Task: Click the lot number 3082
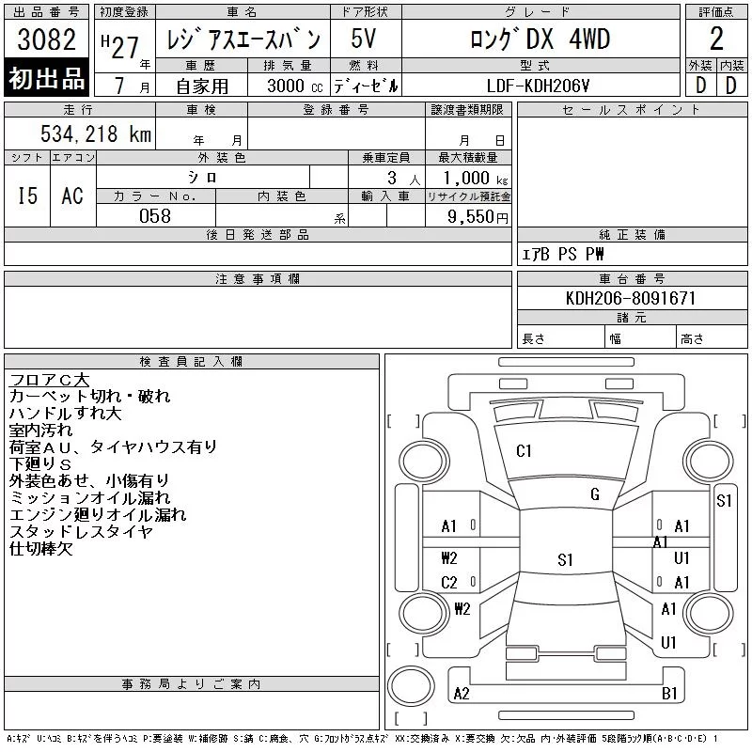click(x=46, y=39)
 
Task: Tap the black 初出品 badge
click(x=46, y=78)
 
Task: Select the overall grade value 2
click(x=716, y=39)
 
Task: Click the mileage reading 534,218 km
click(x=96, y=133)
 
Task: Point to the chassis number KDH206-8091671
click(x=631, y=298)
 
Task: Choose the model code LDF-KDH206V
click(x=538, y=86)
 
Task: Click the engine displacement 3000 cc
click(x=295, y=86)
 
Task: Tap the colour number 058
click(x=155, y=216)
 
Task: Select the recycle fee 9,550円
click(x=478, y=216)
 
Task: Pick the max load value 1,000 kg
click(x=476, y=178)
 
